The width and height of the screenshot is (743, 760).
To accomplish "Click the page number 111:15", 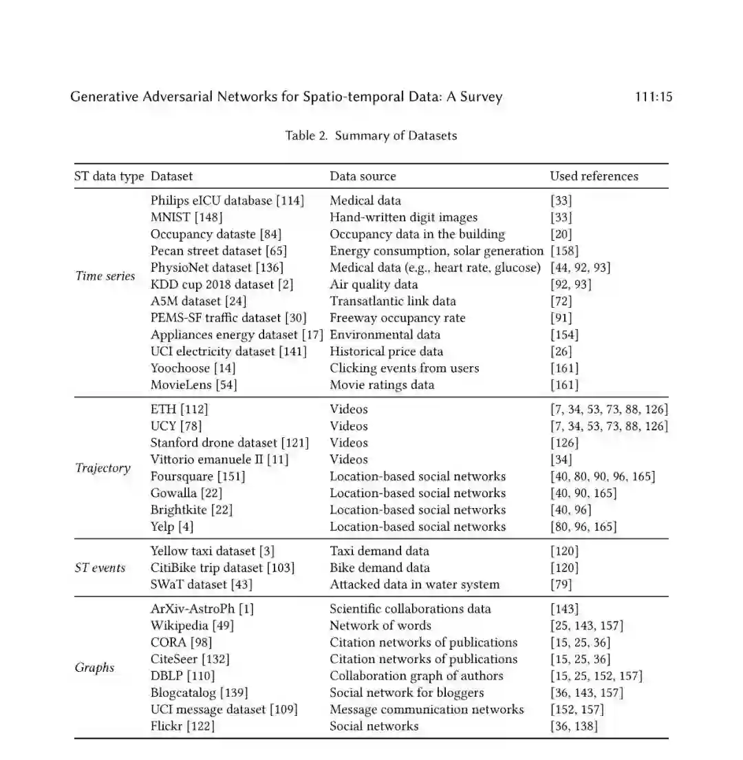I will point(653,97).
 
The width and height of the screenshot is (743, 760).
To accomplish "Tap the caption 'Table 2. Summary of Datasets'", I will point(371,136).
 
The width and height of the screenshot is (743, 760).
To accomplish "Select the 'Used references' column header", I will point(594,176).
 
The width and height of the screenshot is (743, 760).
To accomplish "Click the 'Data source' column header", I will point(363,176).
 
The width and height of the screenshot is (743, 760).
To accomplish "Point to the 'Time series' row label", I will point(105,276).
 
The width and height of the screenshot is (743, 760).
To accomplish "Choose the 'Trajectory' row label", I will point(103,468).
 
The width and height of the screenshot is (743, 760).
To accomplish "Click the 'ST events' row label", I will point(100,568).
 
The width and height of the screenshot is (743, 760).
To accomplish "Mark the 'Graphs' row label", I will point(95,668).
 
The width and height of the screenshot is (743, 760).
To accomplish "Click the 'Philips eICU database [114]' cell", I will point(227,201).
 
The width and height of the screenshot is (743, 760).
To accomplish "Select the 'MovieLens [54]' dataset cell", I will point(193,385).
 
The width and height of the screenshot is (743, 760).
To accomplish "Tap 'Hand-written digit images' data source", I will point(403,218).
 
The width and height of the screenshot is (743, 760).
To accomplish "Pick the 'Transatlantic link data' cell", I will point(392,301).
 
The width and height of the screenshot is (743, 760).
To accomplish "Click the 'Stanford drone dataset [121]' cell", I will point(229,443).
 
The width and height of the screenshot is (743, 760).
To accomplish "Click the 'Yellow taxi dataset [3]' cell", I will point(213,551).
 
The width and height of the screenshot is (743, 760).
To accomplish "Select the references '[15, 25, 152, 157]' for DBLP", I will point(596,676).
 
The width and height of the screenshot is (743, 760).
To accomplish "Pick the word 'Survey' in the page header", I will point(479,97).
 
